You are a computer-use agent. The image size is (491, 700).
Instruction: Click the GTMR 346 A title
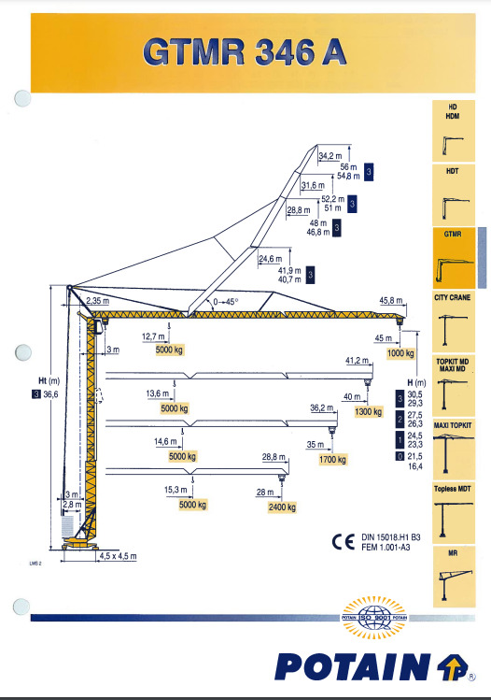(x=245, y=51)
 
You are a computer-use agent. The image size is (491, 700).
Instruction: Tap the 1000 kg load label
(x=400, y=353)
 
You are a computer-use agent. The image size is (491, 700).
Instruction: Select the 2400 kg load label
(x=282, y=507)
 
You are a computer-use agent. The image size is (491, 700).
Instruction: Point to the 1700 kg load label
(x=332, y=460)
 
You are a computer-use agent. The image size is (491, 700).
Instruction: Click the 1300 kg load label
(x=369, y=411)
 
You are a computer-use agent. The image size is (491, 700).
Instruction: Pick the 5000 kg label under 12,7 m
(x=169, y=350)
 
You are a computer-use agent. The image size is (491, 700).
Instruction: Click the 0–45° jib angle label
(x=226, y=302)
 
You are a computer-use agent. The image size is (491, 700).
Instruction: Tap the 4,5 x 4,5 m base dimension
(x=118, y=556)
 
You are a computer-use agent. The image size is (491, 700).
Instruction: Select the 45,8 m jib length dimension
(x=391, y=301)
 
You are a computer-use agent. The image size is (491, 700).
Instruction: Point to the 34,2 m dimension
(x=330, y=156)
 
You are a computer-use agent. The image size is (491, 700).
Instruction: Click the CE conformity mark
(x=344, y=541)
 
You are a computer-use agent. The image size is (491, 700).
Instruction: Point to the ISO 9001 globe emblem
(x=374, y=618)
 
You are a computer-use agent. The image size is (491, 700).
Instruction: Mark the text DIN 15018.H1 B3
(x=391, y=537)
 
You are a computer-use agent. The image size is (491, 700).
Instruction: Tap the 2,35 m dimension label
(x=98, y=301)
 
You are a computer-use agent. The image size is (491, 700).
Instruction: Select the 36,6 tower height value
(x=50, y=394)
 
